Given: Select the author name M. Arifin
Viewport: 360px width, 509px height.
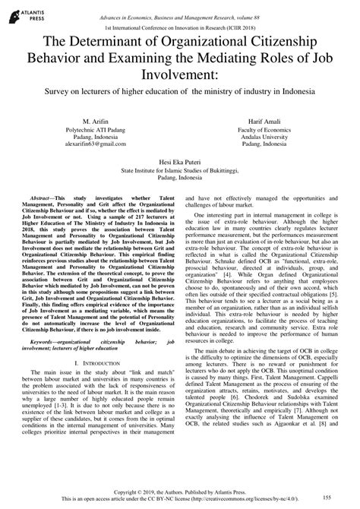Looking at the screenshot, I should coord(91,122).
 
